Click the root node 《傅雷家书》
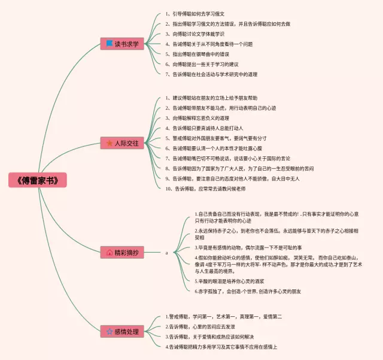point(38,180)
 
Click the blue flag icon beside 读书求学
point(109,44)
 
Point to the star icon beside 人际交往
point(109,143)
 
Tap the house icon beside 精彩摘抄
point(109,253)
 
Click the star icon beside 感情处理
point(109,331)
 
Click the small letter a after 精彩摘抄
point(167,253)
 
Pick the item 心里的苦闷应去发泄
point(203,326)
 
